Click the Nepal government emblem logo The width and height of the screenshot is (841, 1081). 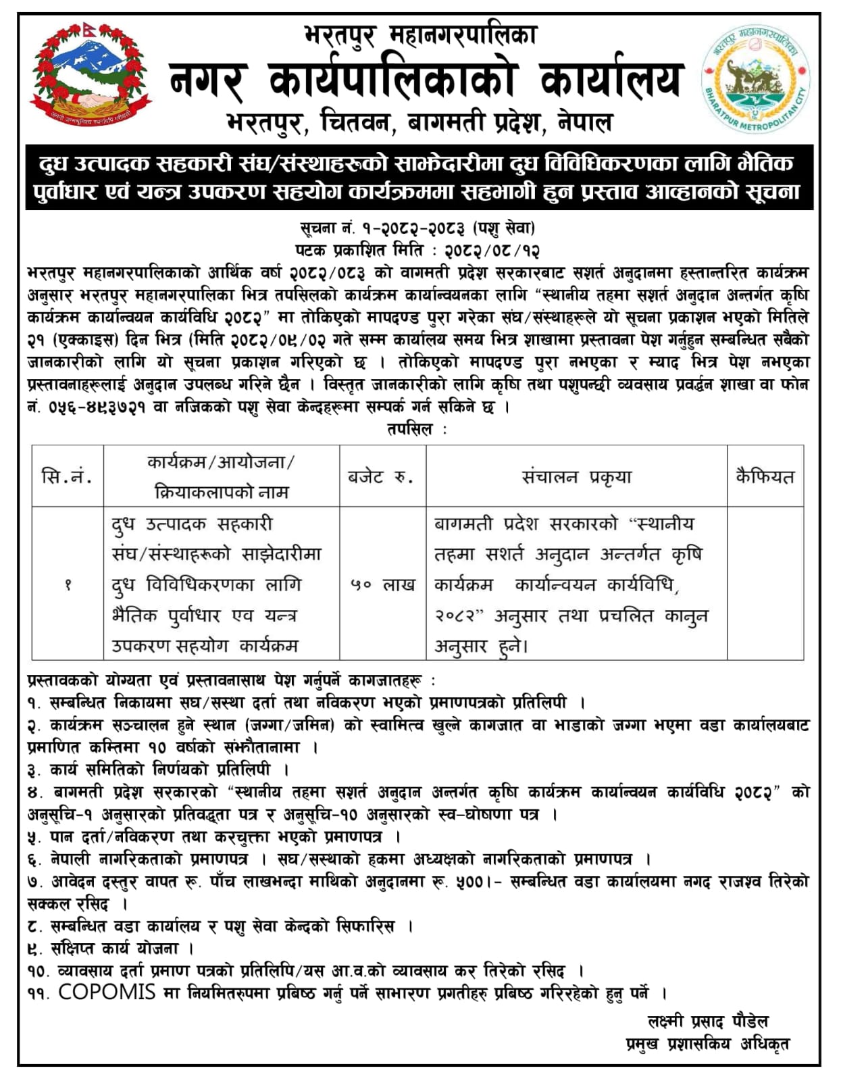tap(91, 76)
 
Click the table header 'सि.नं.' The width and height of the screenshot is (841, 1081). tap(67, 477)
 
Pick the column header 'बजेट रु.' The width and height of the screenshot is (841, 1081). tap(382, 477)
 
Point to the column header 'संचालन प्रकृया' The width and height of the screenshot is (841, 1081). tap(576, 477)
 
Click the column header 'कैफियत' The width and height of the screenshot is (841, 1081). tap(765, 477)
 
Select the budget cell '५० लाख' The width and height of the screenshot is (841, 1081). tap(382, 585)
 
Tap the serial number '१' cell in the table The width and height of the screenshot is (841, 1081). tap(67, 585)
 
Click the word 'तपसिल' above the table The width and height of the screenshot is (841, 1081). tap(410, 430)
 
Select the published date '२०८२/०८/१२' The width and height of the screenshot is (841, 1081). tap(492, 251)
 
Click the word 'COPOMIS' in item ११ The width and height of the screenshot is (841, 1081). tap(107, 992)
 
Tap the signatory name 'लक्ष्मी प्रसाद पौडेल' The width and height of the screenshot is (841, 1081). tap(707, 1021)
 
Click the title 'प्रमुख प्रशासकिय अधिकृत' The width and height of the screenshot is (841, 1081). tap(707, 1043)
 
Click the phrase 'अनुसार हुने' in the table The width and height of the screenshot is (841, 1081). tap(480, 647)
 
